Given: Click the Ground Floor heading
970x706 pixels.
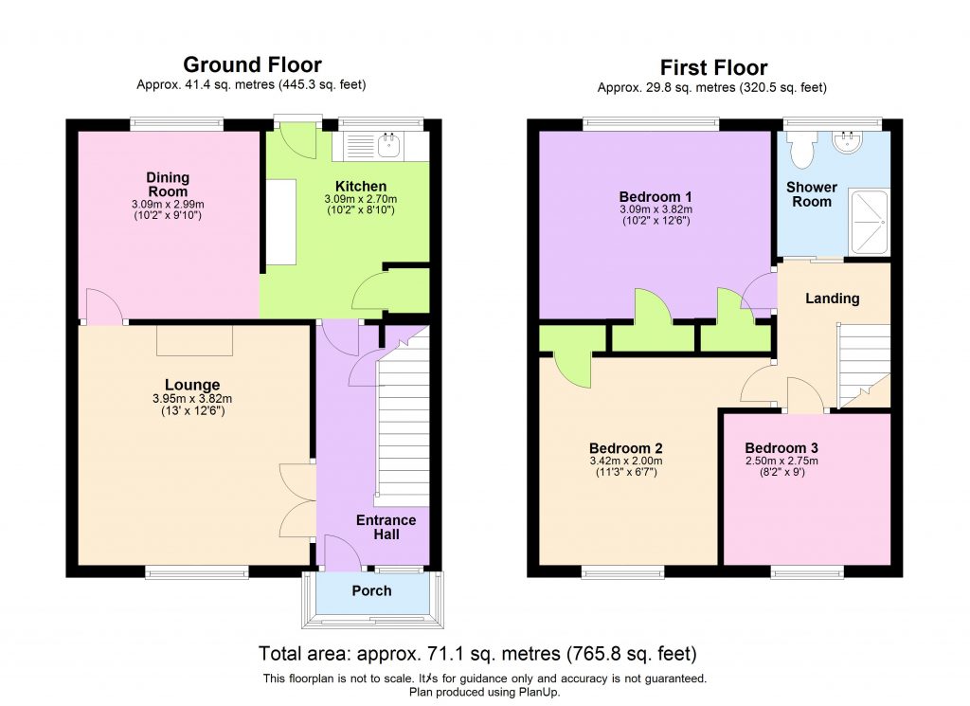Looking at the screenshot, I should pyautogui.click(x=252, y=65).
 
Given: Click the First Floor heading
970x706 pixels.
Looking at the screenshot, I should pyautogui.click(x=712, y=67).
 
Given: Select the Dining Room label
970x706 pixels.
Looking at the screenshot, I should pyautogui.click(x=168, y=184).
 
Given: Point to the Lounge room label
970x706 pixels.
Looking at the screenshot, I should pyautogui.click(x=192, y=385).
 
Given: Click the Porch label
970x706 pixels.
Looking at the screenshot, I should pyautogui.click(x=371, y=591).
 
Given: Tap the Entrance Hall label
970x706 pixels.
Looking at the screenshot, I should pyautogui.click(x=386, y=527).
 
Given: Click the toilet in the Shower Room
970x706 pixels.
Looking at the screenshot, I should pyautogui.click(x=803, y=147).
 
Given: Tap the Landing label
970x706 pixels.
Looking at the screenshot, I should pyautogui.click(x=832, y=299).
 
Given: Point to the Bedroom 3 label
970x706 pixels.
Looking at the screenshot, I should pyautogui.click(x=781, y=448).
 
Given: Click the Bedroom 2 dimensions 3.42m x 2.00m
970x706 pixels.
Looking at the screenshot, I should pyautogui.click(x=625, y=461).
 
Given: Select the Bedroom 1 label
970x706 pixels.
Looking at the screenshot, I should pyautogui.click(x=655, y=196).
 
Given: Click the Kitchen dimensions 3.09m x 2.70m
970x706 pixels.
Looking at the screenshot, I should pyautogui.click(x=360, y=200).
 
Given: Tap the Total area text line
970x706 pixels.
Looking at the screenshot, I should pyautogui.click(x=477, y=654).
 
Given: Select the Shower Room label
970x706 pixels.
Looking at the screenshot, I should pyautogui.click(x=812, y=193).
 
